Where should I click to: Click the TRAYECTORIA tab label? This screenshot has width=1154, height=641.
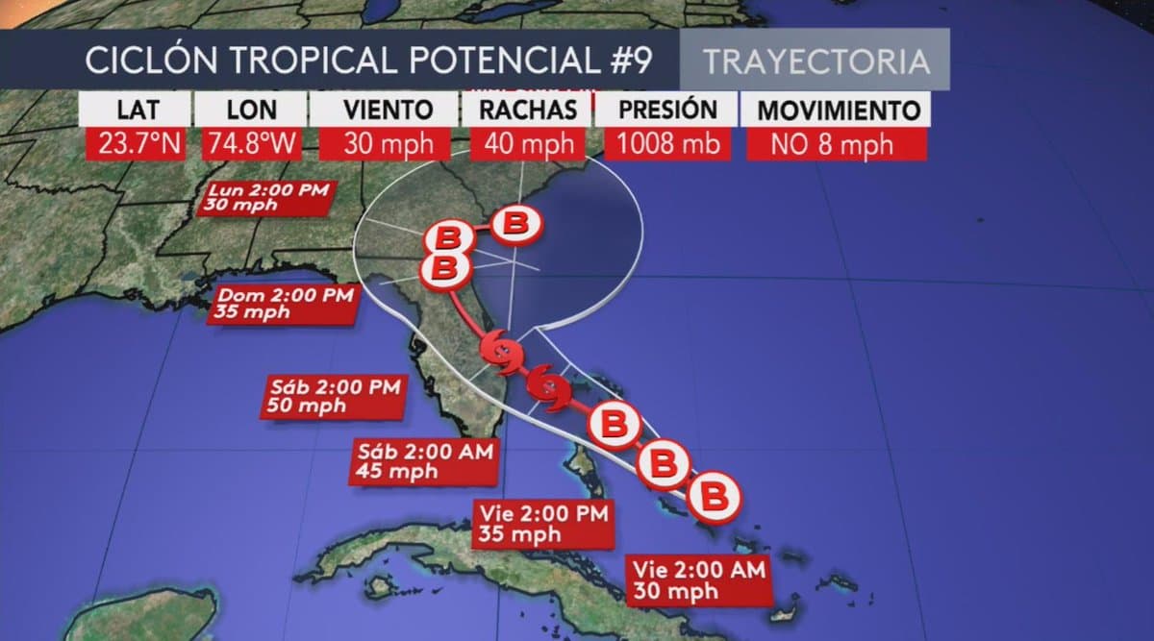(815, 61)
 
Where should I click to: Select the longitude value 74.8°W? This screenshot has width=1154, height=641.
(252, 144)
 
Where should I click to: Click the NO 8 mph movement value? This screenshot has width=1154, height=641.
(833, 144)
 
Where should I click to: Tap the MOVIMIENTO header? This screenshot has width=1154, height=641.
(833, 110)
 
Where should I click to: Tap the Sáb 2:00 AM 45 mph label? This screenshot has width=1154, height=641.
(424, 461)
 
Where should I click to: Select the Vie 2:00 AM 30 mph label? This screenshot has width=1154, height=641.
(698, 579)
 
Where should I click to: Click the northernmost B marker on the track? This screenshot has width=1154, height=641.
(516, 224)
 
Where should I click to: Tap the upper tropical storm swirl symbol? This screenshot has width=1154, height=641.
(500, 353)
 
